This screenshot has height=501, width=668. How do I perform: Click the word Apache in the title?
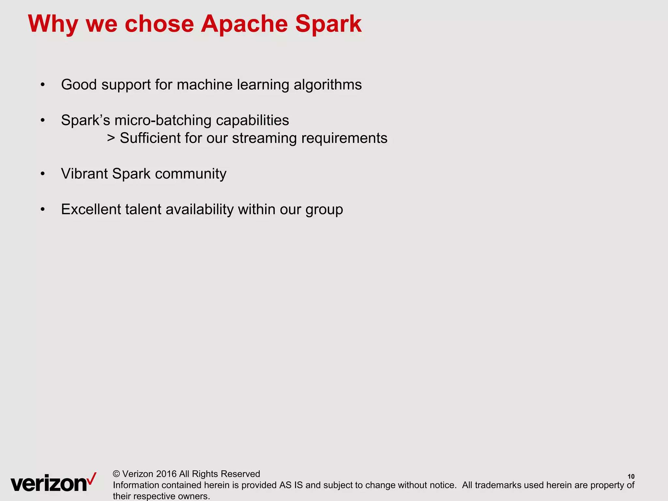pos(244,24)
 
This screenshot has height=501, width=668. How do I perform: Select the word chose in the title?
pos(159,24)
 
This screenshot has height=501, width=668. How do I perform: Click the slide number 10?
pos(631,477)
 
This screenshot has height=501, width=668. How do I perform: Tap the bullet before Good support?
pos(42,85)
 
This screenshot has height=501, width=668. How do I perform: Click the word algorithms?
pos(327,85)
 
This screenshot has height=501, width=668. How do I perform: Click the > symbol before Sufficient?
pos(111,138)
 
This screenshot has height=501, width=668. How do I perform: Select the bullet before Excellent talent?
pos(42,209)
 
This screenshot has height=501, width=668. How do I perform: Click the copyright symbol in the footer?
pos(116,474)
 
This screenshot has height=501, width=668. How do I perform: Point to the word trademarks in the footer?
pos(498,485)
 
